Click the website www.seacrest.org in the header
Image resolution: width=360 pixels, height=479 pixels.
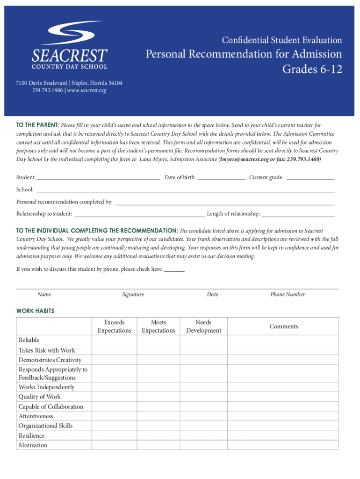point(87,90)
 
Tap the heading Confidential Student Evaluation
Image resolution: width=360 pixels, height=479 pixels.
point(281,40)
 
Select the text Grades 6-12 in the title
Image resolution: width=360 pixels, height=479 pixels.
point(312,70)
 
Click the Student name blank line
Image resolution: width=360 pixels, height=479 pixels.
point(98,178)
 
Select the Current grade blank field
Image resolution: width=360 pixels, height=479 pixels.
point(310,178)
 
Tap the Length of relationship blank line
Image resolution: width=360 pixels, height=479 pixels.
point(298,214)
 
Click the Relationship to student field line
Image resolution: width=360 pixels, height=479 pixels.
point(139,214)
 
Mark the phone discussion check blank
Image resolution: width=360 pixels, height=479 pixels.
point(174,269)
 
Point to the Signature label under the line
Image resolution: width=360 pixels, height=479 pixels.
point(133,295)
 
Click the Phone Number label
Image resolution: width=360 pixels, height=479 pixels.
point(288,295)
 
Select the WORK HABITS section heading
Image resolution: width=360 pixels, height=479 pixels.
point(36,311)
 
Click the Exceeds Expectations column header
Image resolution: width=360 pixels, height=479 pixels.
point(114,327)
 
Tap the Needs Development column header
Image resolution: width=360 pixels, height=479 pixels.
point(203,327)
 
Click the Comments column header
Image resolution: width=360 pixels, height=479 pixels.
point(283,327)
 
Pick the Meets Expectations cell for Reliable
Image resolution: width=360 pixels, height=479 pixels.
point(158,340)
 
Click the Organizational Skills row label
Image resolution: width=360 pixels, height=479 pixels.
point(45,426)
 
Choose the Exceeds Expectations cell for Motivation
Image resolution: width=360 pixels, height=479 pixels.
point(114,445)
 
